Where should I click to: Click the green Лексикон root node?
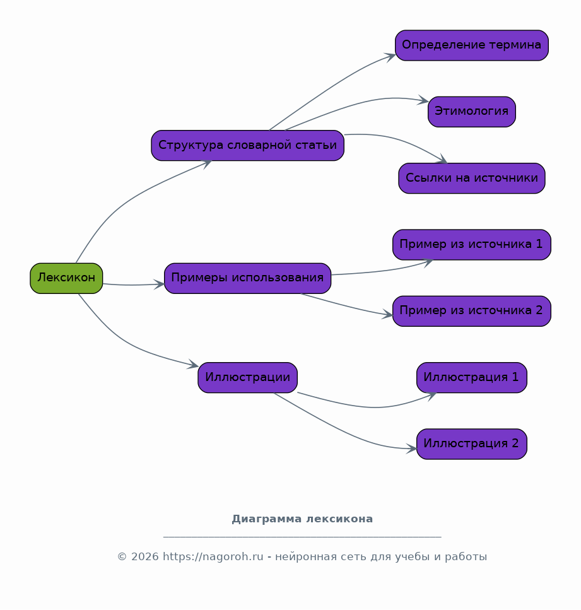click(66, 278)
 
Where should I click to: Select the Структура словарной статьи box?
click(247, 146)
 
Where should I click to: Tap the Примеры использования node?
click(247, 278)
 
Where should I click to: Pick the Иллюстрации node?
click(247, 378)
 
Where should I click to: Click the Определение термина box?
click(472, 45)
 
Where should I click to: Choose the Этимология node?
click(472, 112)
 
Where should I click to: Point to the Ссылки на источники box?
click(472, 178)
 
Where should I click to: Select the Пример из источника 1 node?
click(472, 245)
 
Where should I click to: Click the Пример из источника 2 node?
click(472, 311)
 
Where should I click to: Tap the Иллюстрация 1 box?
click(472, 378)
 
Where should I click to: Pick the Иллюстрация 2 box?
click(472, 444)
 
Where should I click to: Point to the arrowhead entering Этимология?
click(423, 100)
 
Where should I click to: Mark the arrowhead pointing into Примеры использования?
click(159, 284)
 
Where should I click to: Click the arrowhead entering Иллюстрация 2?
click(412, 449)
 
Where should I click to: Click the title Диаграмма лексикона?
click(302, 519)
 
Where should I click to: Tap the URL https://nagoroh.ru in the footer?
click(213, 557)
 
